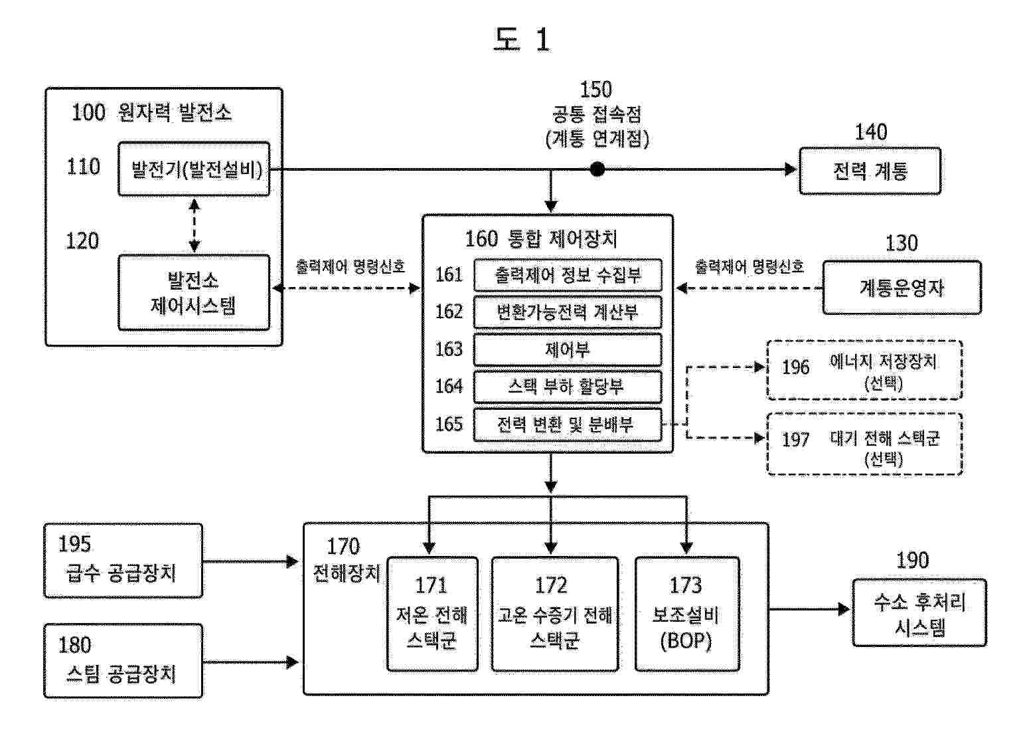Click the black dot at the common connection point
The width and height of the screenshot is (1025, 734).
[597, 169]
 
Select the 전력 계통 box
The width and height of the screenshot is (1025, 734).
[870, 171]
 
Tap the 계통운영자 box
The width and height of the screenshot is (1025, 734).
[902, 288]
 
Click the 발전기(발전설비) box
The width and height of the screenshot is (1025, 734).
[194, 169]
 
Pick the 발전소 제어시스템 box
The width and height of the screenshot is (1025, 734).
[194, 292]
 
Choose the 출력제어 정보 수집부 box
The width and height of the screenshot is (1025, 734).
[568, 275]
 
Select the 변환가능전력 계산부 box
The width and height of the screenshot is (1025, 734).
[568, 312]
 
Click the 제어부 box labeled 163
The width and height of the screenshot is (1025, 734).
[568, 350]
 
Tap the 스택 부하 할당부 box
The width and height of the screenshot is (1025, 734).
[568, 387]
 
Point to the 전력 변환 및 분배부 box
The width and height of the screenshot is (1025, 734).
[568, 425]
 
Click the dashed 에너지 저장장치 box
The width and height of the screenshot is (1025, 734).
[864, 370]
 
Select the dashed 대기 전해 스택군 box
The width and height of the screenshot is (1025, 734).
[864, 444]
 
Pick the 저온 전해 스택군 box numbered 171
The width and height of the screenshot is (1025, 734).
[432, 614]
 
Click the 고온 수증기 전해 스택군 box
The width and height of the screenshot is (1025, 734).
[554, 614]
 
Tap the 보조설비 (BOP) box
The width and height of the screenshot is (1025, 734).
[687, 614]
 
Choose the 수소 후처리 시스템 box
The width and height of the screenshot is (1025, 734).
[919, 612]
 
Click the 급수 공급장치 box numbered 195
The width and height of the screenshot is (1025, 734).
[123, 561]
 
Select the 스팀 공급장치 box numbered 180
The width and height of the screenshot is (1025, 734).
[123, 661]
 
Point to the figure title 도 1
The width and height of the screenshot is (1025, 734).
[522, 39]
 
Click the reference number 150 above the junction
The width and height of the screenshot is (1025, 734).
[595, 90]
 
